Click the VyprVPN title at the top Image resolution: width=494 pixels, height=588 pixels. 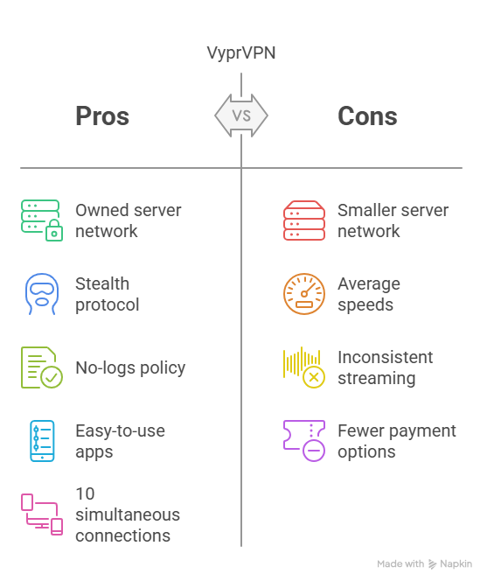[x=241, y=53]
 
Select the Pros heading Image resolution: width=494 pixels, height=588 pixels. [x=102, y=115]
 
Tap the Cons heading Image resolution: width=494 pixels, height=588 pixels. [x=367, y=115]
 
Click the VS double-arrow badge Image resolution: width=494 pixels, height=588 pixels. [x=241, y=115]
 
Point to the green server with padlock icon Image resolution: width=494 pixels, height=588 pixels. [x=42, y=220]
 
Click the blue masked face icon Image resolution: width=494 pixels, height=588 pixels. [x=42, y=294]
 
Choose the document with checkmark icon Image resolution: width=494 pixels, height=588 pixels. [x=42, y=367]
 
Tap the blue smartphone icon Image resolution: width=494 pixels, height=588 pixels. [x=42, y=441]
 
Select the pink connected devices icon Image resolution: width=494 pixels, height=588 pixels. [x=42, y=514]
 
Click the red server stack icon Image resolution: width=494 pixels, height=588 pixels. [x=304, y=220]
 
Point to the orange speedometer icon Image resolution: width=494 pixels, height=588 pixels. [x=304, y=294]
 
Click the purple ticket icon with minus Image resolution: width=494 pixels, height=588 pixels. [x=304, y=441]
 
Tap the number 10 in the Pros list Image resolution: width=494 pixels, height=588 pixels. [x=85, y=493]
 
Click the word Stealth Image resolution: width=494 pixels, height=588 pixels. [x=102, y=283]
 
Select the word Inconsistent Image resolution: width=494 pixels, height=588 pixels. [x=386, y=357]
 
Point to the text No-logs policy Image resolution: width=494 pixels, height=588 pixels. [x=130, y=368]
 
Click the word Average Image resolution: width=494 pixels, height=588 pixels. [x=369, y=284]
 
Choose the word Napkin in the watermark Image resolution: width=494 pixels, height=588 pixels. [x=456, y=563]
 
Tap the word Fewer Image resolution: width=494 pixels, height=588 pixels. [x=361, y=430]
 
